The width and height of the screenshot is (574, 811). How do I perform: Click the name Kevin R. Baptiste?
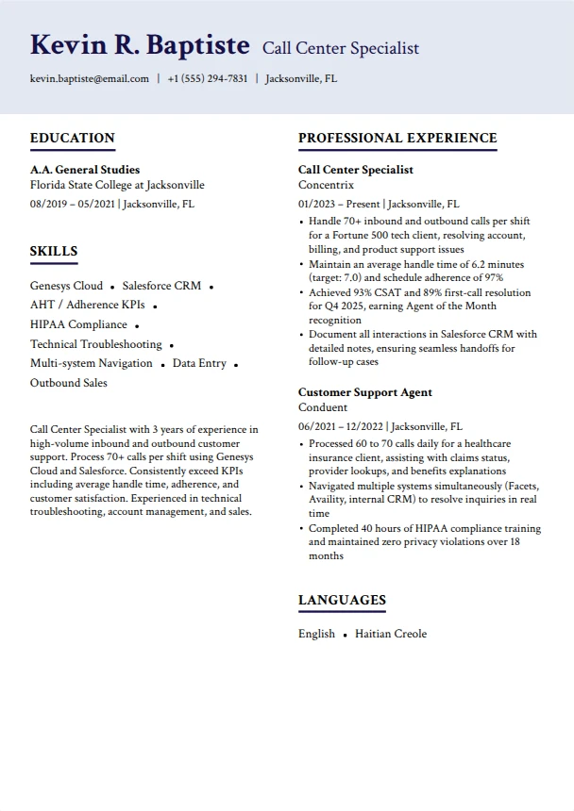coord(140,45)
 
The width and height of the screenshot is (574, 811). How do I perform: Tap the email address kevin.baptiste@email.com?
coord(90,78)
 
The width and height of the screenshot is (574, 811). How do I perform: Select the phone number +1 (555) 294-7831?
coord(208,78)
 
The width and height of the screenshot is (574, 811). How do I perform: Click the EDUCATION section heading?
coord(73,139)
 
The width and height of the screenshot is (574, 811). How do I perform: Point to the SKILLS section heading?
coord(54,252)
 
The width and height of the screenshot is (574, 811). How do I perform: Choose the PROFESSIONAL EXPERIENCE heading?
coord(397,139)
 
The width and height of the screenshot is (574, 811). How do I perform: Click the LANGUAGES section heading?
coord(342,601)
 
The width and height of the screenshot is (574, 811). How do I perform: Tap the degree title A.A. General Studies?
coord(85,170)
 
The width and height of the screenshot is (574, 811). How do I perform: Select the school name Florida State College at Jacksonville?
coord(117,185)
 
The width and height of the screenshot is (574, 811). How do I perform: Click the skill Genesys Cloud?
coord(66,286)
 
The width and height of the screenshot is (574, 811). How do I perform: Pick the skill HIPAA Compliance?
coord(78,324)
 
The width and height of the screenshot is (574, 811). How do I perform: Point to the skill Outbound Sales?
coord(69,383)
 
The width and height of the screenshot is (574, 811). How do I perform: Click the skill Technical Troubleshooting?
coord(96,344)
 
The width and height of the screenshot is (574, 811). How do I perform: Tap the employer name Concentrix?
coord(326,185)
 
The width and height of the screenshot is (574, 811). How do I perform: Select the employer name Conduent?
coord(323,407)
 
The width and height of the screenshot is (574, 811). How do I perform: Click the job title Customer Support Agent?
coord(365,392)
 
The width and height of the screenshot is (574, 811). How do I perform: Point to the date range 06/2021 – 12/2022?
coord(341,426)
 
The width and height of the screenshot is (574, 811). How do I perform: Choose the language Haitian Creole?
coord(391,634)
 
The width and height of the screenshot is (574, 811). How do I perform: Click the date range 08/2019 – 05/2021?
coord(73,204)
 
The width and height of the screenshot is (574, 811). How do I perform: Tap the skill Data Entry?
coord(199,363)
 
